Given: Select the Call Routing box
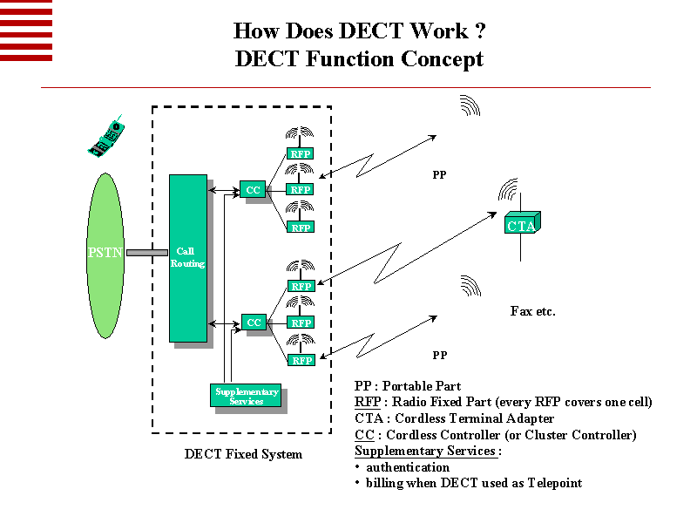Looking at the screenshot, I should click(187, 257).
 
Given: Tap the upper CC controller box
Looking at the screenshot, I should click(253, 189).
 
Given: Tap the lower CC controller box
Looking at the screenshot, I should click(254, 323).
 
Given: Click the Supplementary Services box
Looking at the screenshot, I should click(247, 396).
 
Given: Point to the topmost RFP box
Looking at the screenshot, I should click(301, 153).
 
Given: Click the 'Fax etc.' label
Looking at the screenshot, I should click(532, 311).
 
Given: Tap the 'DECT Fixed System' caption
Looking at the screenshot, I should click(243, 454).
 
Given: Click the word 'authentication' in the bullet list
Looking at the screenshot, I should click(408, 467).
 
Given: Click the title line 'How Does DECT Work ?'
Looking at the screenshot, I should click(359, 31).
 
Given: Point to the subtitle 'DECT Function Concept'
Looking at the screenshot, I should click(359, 59).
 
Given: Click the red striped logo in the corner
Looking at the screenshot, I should click(26, 31).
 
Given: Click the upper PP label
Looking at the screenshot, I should click(439, 175).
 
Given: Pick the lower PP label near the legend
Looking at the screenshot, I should click(439, 356).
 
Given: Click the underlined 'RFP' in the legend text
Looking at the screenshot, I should click(367, 402).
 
